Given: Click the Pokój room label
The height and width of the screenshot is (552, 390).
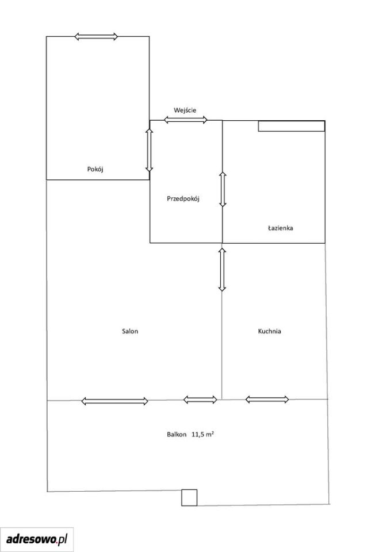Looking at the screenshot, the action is tap(95, 169).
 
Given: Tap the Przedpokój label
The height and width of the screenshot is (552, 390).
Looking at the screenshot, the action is tap(183, 199).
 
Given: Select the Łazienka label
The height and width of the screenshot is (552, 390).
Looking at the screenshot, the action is tap(281, 228).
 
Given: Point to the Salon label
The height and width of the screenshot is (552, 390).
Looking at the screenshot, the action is tap(130, 331).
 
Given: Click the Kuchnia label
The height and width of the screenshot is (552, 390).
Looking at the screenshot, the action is tap(270, 331).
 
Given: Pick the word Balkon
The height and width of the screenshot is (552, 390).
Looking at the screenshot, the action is tap(177, 435).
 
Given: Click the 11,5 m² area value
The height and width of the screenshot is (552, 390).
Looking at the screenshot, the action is tap(202, 434).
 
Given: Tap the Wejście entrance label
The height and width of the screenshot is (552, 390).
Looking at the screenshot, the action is tap(185, 110).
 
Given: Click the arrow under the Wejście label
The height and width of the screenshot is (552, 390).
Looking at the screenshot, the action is tap(186, 120).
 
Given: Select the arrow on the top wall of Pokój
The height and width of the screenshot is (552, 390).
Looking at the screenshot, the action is tap(96, 36).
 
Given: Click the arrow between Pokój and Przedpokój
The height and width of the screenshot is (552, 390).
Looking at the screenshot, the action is tap(150, 150).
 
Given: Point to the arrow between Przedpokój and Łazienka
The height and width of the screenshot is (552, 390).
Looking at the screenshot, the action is tap(223, 189).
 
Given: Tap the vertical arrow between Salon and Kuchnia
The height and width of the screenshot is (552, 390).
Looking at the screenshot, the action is tap(222, 269).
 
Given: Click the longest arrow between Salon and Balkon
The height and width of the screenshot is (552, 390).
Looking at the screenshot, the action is tap(115, 401).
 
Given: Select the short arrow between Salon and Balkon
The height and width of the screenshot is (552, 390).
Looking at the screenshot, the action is tap(200, 400).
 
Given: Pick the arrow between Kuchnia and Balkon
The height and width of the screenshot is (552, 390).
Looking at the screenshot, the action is tap(267, 399).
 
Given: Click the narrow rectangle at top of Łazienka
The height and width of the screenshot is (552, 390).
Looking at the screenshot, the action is tap(292, 126).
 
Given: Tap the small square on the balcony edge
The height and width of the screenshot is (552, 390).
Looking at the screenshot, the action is tap(189, 497).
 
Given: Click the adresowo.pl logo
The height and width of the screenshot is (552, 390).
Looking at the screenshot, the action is tap(37, 539).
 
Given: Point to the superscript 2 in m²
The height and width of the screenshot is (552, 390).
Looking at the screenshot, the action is tap(213, 432).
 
